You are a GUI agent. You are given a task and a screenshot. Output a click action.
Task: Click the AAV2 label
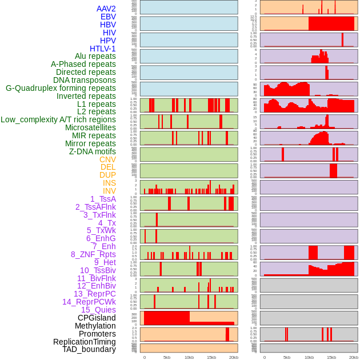106,9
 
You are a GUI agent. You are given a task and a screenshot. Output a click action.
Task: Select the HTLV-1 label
102,49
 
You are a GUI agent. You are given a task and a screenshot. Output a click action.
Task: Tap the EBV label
107,17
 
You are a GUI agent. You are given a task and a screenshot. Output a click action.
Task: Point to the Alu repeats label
95,57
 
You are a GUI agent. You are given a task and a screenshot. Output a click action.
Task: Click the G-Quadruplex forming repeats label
61,89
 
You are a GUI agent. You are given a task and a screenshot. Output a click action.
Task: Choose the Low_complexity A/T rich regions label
58,120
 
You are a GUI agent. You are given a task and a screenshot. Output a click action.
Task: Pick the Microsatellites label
90,128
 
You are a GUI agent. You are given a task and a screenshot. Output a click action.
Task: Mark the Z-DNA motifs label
92,151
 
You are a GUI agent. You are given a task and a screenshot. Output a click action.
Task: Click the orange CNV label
107,159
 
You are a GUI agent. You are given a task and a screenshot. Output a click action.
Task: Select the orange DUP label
107,175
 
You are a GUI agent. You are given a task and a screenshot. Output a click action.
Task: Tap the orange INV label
109,191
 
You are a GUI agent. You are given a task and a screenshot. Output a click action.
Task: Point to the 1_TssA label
103,199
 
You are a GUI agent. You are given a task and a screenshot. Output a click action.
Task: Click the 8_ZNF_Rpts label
93,255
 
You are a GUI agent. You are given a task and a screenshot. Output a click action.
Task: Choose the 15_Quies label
98,310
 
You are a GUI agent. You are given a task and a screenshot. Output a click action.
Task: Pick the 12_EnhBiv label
96,286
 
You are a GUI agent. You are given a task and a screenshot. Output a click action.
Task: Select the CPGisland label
97,318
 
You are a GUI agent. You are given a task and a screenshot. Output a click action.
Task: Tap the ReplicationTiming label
84,342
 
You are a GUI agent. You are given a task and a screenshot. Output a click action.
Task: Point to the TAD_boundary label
89,349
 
